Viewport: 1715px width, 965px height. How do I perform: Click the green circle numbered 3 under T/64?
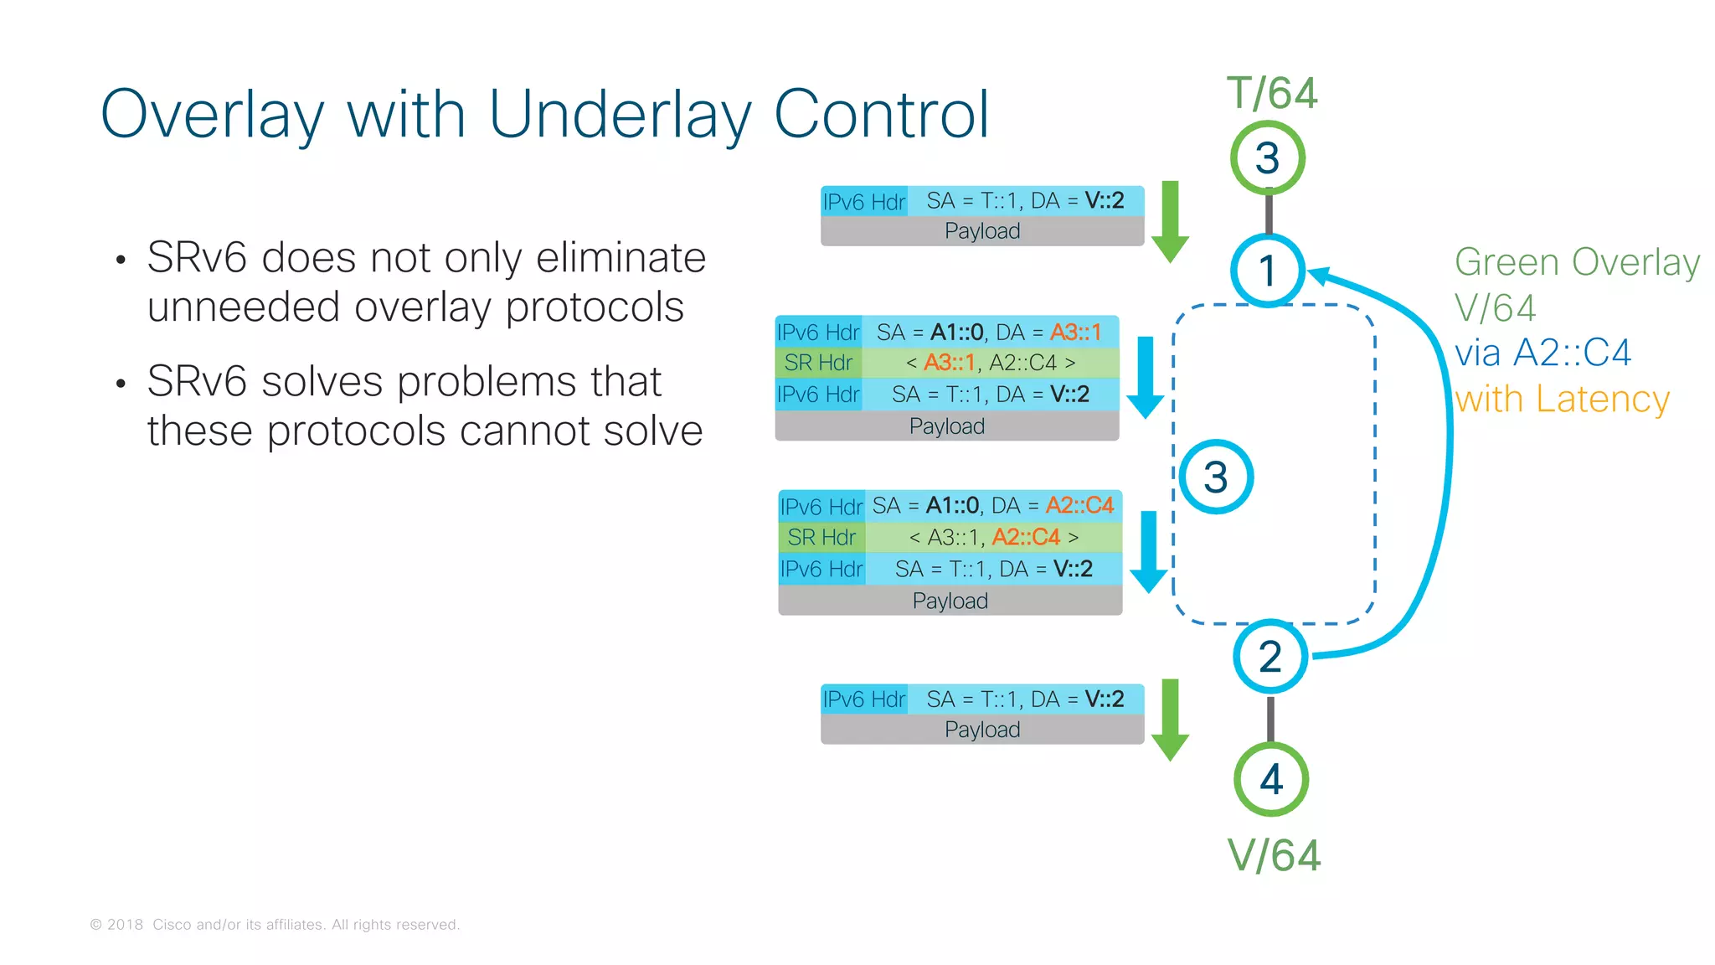1267,157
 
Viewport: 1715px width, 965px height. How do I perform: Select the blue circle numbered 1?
1267,271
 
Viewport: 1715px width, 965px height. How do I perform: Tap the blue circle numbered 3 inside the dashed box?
1216,477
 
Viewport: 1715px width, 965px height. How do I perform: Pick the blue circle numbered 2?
1270,657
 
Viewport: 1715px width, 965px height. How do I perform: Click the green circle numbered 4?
1271,780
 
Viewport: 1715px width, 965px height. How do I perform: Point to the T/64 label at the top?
1272,93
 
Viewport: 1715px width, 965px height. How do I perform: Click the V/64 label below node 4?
1274,856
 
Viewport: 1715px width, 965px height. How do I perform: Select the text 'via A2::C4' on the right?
1542,353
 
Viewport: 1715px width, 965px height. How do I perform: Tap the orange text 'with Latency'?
1562,399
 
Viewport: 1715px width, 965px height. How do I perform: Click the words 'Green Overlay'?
1577,262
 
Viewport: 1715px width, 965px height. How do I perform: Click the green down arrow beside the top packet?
1170,222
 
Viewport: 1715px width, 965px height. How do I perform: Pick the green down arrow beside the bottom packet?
1170,720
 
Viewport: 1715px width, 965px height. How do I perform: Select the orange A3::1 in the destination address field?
1076,333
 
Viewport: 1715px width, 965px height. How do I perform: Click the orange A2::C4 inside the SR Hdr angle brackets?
1026,537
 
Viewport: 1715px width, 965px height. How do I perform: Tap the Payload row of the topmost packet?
981,231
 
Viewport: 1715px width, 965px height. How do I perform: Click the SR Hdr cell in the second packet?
818,363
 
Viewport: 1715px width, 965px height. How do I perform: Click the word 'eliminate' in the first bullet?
621,257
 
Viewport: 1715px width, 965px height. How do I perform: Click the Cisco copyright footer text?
275,925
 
